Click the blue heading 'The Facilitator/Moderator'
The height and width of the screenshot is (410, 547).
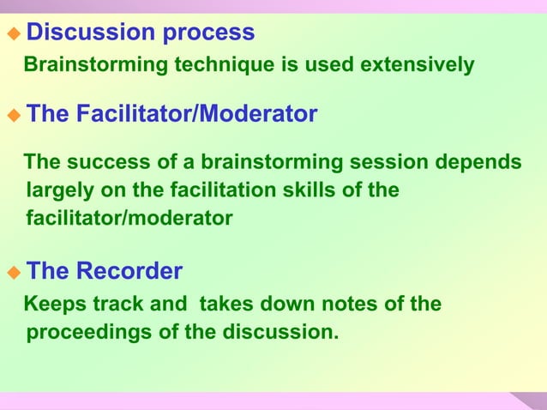tap(171, 114)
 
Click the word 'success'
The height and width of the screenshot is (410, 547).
tap(105, 163)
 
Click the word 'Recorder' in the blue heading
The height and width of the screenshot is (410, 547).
tap(129, 272)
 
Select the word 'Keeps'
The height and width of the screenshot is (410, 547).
tap(51, 304)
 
